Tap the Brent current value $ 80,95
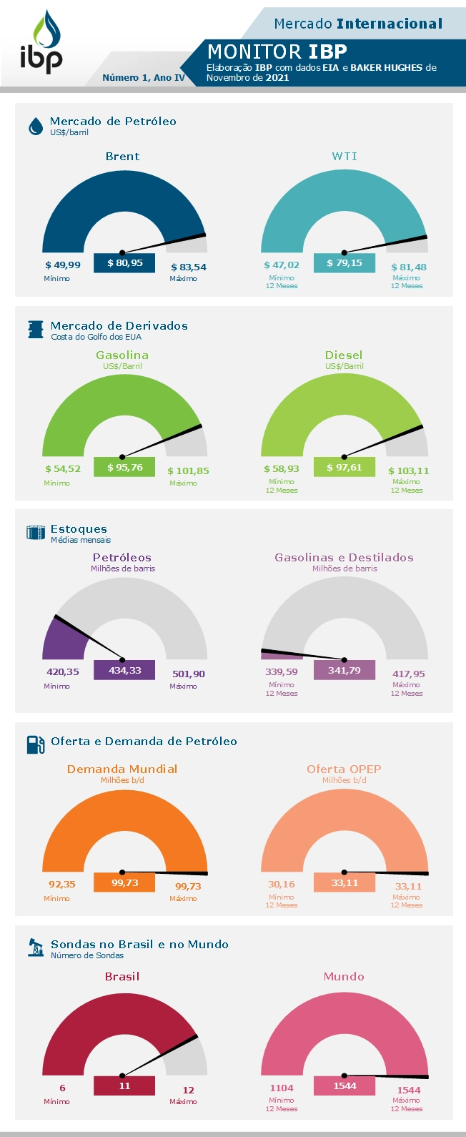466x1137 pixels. point(124,263)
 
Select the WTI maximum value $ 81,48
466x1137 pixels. point(409,267)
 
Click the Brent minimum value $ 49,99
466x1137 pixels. point(63,265)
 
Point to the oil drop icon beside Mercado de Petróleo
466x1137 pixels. point(35,127)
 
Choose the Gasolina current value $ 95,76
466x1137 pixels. point(124,468)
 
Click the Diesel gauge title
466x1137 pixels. point(344,355)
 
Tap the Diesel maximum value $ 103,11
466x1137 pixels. point(409,471)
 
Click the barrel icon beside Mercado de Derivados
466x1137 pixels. point(35,330)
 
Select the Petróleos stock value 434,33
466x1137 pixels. point(124,670)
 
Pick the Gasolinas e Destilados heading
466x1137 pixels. point(344,558)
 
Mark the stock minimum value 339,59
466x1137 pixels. point(282,672)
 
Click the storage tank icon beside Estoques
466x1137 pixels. point(35,533)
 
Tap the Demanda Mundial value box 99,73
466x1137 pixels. point(124,883)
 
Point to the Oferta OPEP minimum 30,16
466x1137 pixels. point(282,885)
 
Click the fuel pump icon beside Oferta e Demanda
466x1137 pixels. point(35,744)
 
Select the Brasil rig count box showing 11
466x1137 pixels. point(124,1086)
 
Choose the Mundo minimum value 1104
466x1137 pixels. point(282,1088)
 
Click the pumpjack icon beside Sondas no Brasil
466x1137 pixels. point(35,947)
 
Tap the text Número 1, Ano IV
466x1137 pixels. point(144,78)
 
